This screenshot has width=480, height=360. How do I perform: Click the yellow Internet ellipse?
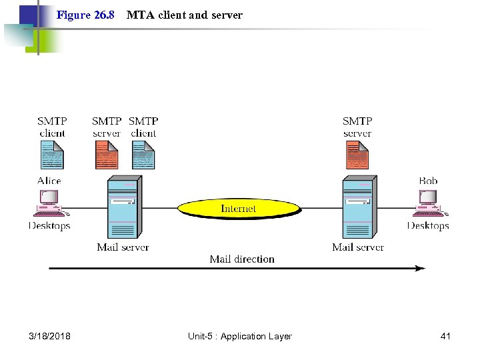(x=238, y=209)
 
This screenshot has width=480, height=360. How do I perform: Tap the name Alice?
(x=49, y=181)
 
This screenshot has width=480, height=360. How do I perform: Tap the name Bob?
(x=428, y=181)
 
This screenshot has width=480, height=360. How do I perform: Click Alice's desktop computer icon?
(x=50, y=203)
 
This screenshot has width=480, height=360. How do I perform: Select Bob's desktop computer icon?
(x=429, y=203)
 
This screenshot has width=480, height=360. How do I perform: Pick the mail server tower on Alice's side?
(x=123, y=207)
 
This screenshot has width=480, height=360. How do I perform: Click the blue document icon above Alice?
(x=52, y=157)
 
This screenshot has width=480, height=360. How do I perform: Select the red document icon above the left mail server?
(x=107, y=157)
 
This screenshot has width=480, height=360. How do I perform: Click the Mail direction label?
(x=242, y=259)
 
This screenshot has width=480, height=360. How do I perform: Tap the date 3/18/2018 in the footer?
(x=51, y=336)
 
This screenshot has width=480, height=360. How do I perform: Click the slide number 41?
(x=445, y=336)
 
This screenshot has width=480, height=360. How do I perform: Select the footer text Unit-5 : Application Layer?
(x=240, y=336)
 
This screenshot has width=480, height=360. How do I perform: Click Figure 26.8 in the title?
(x=85, y=15)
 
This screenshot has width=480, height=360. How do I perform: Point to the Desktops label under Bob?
(x=428, y=226)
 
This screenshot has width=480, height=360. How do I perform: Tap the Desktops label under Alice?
(x=49, y=226)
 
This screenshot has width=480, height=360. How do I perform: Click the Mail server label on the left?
(x=123, y=247)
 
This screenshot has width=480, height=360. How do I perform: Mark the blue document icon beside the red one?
(x=143, y=157)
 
